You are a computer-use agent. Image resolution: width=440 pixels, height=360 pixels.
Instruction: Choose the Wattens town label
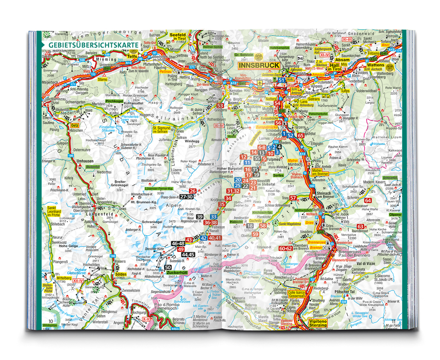pyautogui.click(x=374, y=66)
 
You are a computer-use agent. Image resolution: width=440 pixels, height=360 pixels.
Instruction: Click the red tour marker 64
pyautogui.click(x=368, y=200)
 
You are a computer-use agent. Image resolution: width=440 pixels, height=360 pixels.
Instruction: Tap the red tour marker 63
pyautogui.click(x=360, y=226)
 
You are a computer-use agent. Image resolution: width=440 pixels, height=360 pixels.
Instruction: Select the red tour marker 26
pyautogui.click(x=192, y=191)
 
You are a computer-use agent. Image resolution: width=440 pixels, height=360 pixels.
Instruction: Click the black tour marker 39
pyautogui.click(x=199, y=216)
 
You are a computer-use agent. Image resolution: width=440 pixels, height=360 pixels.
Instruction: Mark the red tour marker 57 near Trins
pyautogui.click(x=293, y=198)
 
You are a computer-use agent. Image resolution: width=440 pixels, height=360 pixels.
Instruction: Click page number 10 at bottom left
pyautogui.click(x=51, y=321)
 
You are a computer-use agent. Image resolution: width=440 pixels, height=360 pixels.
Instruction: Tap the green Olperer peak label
pyautogui.click(x=395, y=214)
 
